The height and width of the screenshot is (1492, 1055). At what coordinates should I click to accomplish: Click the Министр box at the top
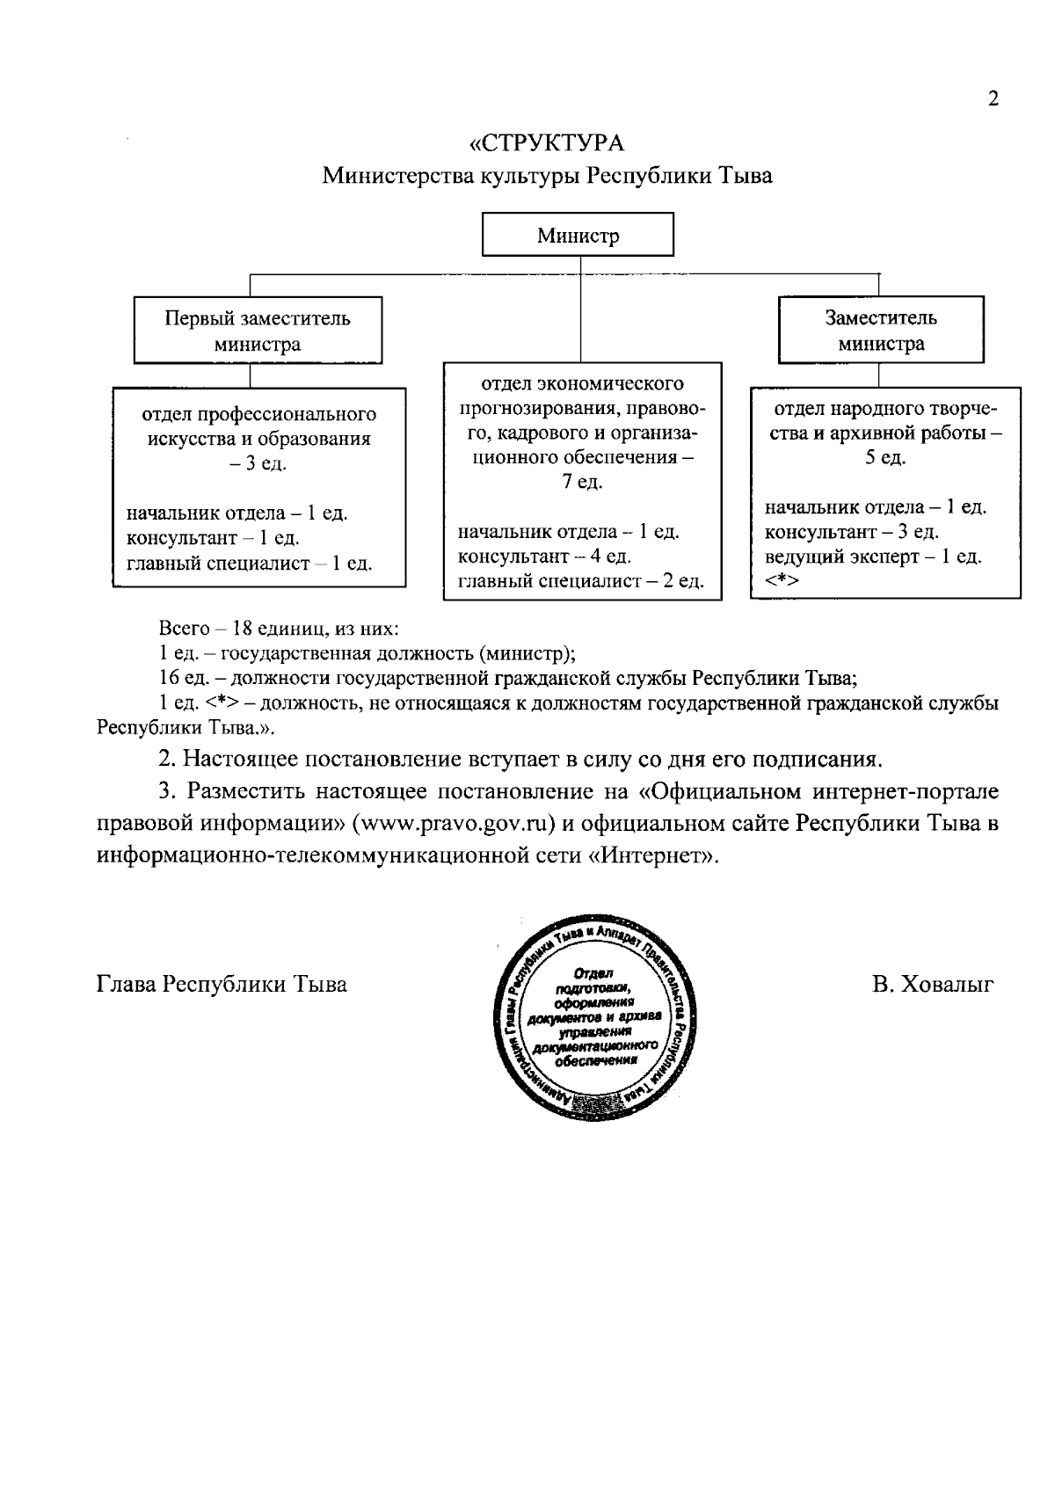coord(578,236)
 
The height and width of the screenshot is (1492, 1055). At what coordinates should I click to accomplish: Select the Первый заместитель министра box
coord(257,331)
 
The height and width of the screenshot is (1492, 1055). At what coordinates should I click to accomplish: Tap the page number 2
coord(993,98)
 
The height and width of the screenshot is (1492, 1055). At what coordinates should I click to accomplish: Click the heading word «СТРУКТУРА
coord(547,142)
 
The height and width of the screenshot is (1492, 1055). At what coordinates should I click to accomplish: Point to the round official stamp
coord(591,1016)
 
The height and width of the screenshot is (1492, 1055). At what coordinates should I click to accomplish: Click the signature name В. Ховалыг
coord(933,985)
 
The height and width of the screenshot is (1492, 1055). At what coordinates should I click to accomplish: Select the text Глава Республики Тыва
coord(222,985)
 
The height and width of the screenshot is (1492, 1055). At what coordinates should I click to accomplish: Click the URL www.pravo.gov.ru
coord(451,823)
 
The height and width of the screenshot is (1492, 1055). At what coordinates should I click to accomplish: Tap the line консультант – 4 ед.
coord(544,556)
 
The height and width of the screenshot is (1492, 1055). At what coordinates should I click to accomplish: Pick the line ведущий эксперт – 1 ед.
coord(872,556)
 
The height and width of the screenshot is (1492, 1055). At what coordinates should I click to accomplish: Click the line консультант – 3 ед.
coord(851,532)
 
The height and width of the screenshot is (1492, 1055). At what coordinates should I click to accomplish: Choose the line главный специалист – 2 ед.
coord(580,581)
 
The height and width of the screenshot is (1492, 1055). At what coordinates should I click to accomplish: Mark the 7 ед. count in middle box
coord(582,483)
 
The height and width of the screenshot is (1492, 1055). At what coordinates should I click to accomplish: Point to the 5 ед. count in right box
coord(884,458)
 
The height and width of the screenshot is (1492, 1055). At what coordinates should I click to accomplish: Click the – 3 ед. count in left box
coord(258,463)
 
